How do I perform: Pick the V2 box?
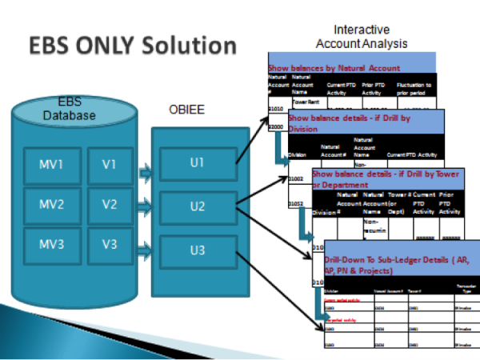tap(110, 204)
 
